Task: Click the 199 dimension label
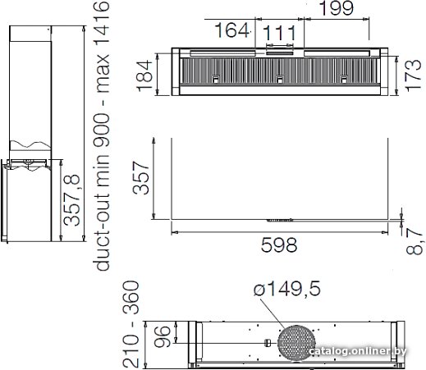coord(337,8)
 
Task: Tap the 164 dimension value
coord(231,30)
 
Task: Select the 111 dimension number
coord(279,33)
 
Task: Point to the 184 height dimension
coord(144,75)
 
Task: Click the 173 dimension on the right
coord(413,75)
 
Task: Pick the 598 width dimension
coord(279,245)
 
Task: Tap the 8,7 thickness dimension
coord(415,241)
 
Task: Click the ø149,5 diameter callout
coord(286,289)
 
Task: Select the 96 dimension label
coord(163,336)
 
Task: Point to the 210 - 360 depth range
coord(131,324)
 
